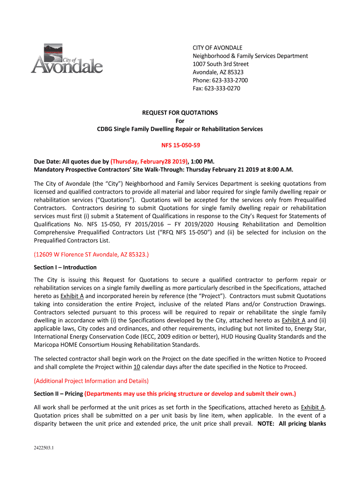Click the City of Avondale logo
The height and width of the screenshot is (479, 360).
[67, 59]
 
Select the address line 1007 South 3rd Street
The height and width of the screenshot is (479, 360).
[221, 64]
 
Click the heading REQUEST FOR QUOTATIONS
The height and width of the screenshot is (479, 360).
[180, 113]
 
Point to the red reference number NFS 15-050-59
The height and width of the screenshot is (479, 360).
[180, 145]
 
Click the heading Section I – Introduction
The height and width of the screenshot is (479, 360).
[65, 268]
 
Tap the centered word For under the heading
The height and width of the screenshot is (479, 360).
[180, 121]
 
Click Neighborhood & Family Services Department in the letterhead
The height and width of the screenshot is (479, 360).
[251, 56]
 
